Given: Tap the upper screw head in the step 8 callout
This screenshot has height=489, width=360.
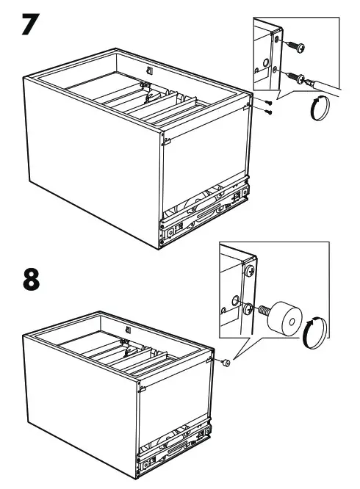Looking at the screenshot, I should pyautogui.click(x=250, y=272).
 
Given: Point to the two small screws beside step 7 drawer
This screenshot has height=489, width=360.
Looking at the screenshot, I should pyautogui.click(x=269, y=107).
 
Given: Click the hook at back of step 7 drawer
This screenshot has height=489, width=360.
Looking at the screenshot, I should pyautogui.click(x=149, y=70).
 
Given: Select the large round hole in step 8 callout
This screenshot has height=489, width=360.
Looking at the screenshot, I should pyautogui.click(x=234, y=300).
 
